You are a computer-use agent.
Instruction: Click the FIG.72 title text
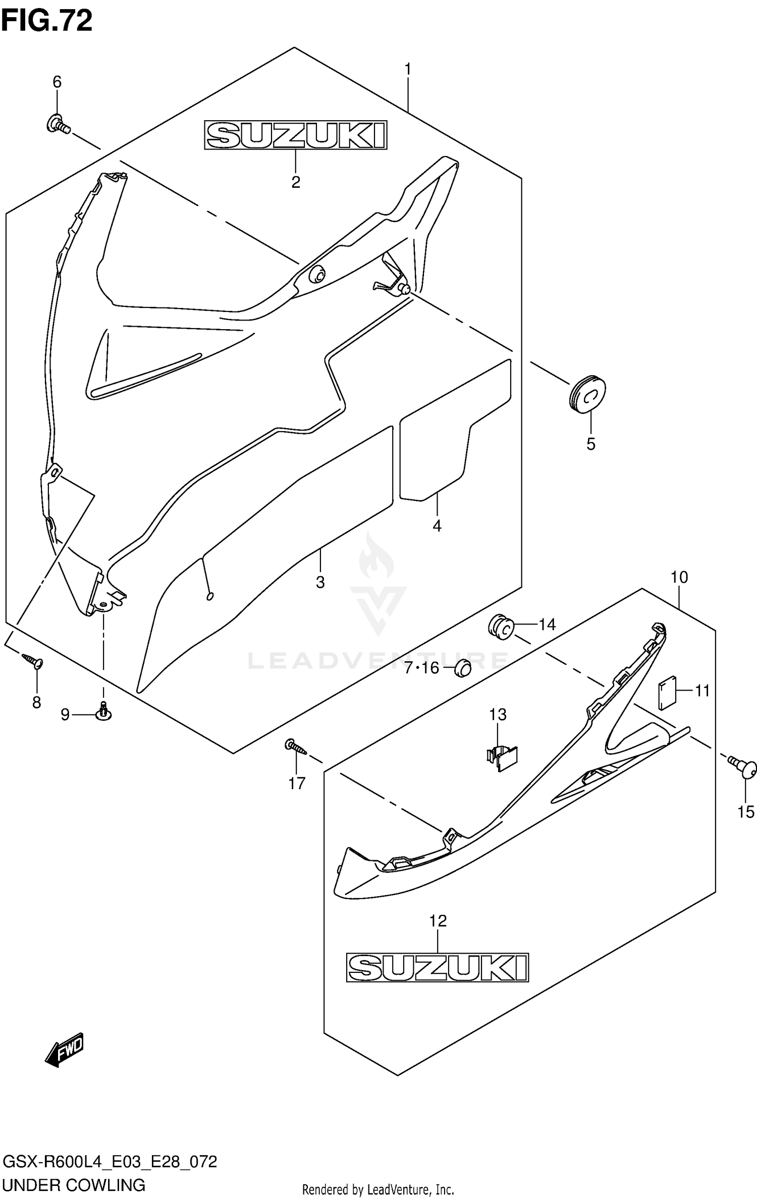(x=47, y=21)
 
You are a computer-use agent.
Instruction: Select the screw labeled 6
(x=58, y=124)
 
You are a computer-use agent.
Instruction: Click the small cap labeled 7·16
(x=462, y=668)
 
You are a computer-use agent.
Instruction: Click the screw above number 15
(x=744, y=767)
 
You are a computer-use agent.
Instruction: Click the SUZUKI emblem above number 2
(x=296, y=135)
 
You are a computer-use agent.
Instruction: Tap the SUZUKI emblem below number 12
(x=438, y=967)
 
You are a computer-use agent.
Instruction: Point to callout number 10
(x=679, y=577)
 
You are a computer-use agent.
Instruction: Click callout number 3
(x=320, y=582)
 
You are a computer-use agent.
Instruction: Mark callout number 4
(x=437, y=526)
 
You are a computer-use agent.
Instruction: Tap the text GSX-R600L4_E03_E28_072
(x=110, y=1161)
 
